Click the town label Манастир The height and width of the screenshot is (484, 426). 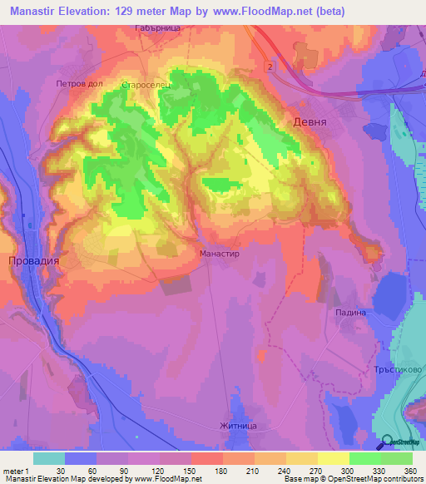(220, 252)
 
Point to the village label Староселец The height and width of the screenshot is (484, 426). (146, 85)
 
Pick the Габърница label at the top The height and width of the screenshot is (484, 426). (155, 27)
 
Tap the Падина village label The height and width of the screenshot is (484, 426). (350, 312)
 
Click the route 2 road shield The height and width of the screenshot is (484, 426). (270, 64)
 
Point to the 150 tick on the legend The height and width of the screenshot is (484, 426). (191, 470)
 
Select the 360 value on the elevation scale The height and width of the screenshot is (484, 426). (411, 470)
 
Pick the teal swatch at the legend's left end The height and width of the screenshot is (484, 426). (49, 458)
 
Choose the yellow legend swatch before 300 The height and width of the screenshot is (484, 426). (333, 458)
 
